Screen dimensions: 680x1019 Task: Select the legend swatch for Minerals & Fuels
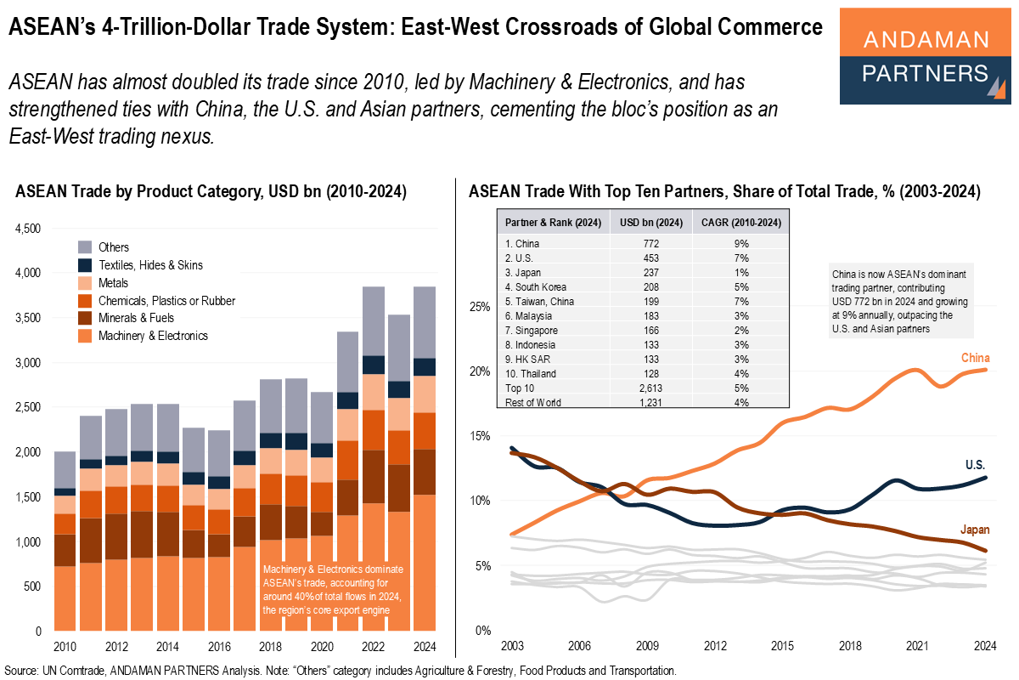coord(86,318)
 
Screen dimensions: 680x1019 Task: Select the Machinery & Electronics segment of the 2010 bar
coord(65,598)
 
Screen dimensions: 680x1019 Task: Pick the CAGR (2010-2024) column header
coord(736,224)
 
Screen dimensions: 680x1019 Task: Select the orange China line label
coord(975,358)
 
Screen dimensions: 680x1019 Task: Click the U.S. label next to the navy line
coord(974,465)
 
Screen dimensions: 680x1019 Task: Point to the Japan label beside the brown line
coord(975,530)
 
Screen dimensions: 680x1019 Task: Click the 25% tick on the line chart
coord(481,306)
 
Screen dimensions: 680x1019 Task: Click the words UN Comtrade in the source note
coord(72,671)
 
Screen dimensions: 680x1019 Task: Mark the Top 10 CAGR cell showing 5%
coord(736,388)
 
